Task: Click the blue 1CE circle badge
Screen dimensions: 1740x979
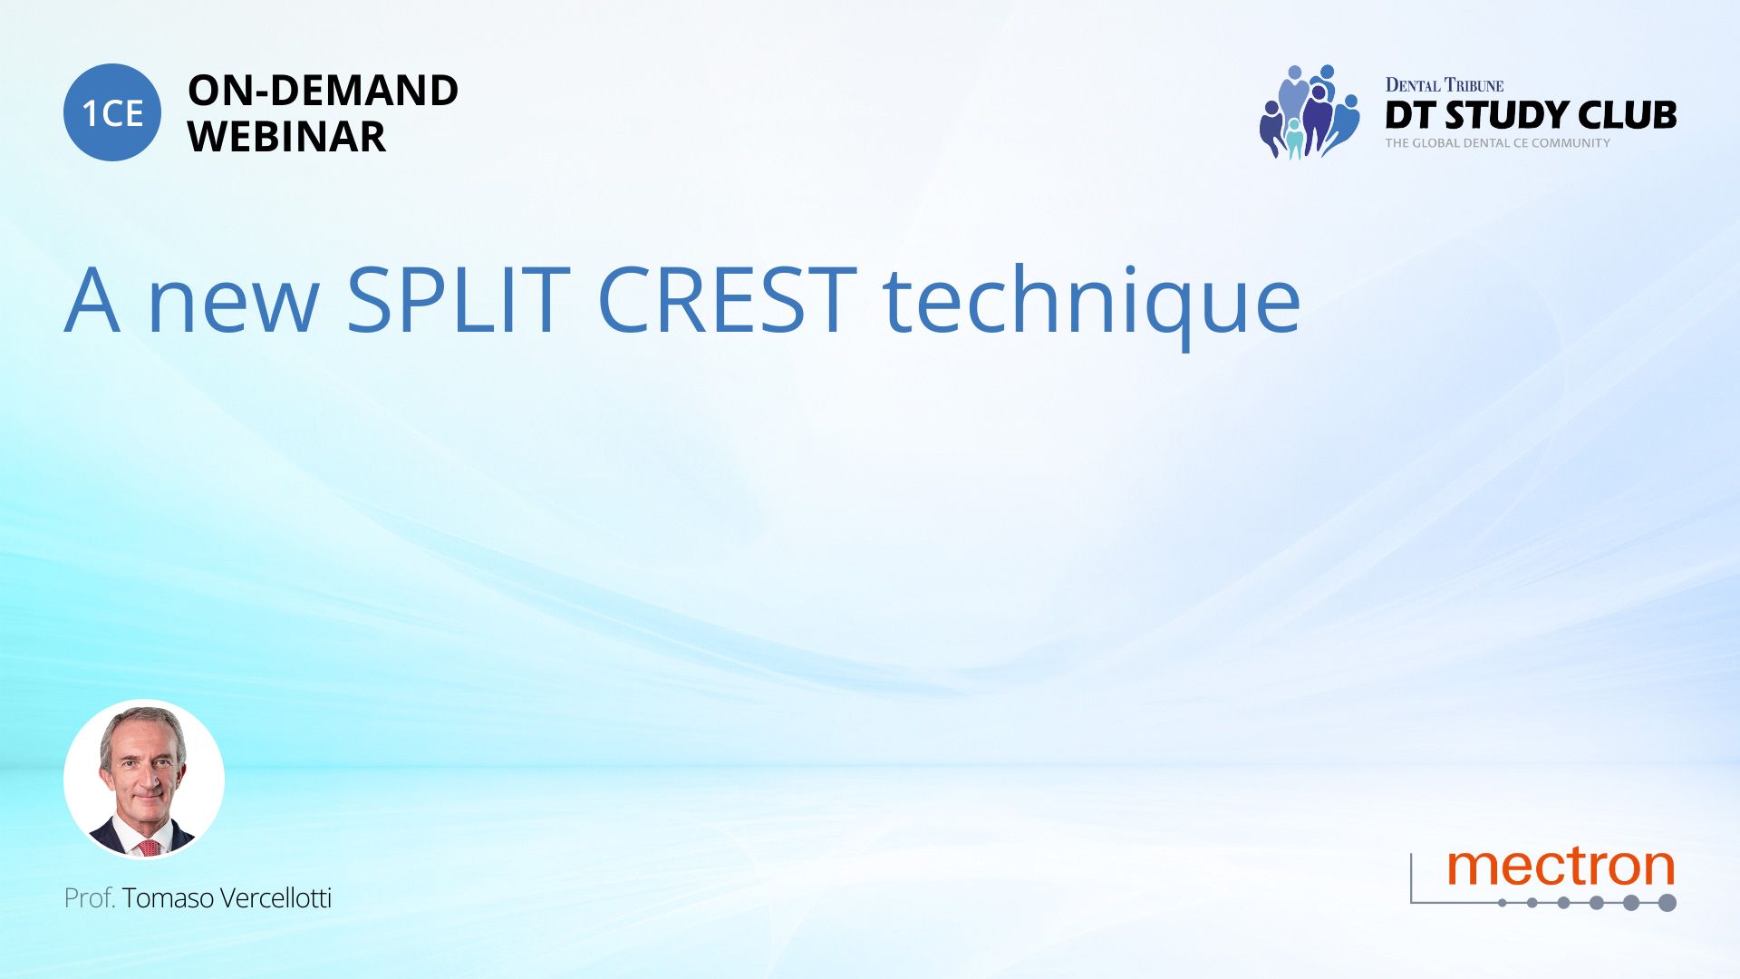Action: (x=112, y=112)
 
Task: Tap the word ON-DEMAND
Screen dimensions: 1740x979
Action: (x=323, y=91)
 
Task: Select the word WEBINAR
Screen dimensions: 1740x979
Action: (x=286, y=137)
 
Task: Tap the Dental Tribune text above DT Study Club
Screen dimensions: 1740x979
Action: (x=1444, y=85)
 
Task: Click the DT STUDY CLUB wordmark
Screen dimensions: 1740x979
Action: (x=1531, y=115)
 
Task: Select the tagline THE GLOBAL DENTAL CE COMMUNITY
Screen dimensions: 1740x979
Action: (x=1497, y=143)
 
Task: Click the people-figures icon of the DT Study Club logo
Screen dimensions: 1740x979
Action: (x=1309, y=111)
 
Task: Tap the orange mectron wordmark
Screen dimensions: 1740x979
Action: (x=1561, y=867)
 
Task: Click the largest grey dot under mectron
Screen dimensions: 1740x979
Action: (x=1667, y=903)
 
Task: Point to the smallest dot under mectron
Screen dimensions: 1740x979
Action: (x=1503, y=903)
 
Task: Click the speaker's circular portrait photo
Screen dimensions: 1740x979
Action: (x=144, y=780)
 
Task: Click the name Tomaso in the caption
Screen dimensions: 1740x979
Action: (x=168, y=898)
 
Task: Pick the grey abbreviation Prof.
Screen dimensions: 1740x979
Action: (x=90, y=898)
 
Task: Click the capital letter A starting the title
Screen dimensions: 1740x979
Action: (x=92, y=300)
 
